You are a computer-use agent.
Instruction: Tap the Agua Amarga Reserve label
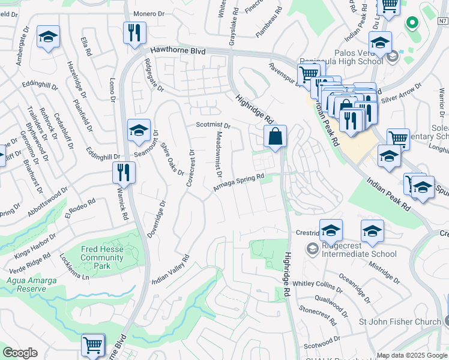(x=26, y=284)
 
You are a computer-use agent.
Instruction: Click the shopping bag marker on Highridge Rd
(x=275, y=136)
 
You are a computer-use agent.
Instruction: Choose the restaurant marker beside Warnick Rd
(x=124, y=172)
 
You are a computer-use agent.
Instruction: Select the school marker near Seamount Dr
(x=139, y=130)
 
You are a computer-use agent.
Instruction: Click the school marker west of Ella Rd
(x=48, y=37)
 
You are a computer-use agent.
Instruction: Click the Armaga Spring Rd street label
(x=239, y=183)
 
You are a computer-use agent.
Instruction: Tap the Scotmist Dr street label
(x=213, y=125)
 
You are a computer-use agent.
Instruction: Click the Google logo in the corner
(x=20, y=353)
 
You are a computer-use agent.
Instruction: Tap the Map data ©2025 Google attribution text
(x=412, y=355)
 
